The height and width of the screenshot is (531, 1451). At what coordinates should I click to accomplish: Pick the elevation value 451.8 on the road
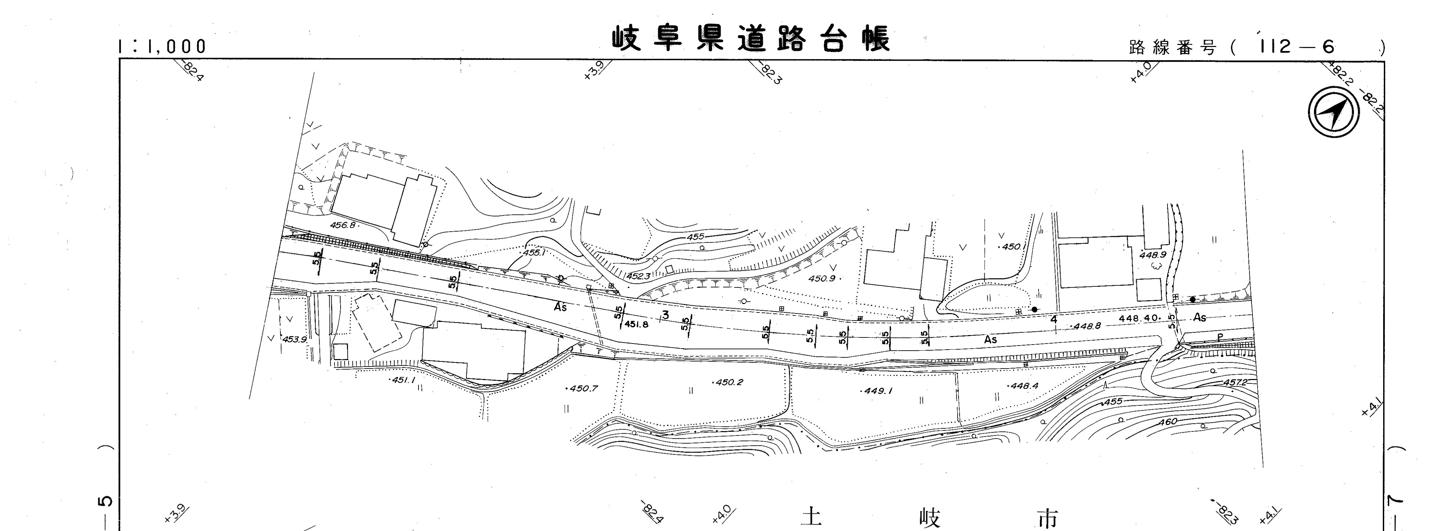(637, 324)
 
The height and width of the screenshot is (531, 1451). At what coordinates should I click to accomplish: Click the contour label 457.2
(1235, 382)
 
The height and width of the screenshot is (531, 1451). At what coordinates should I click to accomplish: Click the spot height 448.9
(1152, 255)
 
